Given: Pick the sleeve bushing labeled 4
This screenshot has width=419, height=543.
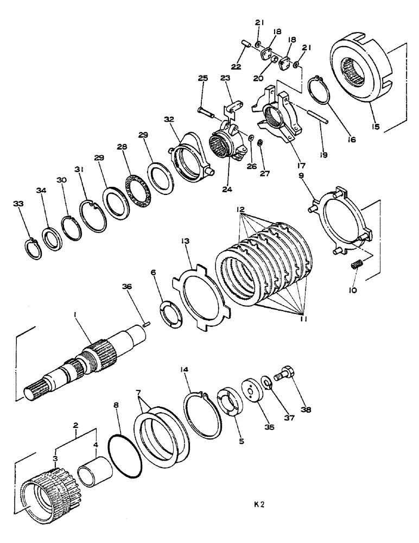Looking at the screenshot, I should (95, 466).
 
